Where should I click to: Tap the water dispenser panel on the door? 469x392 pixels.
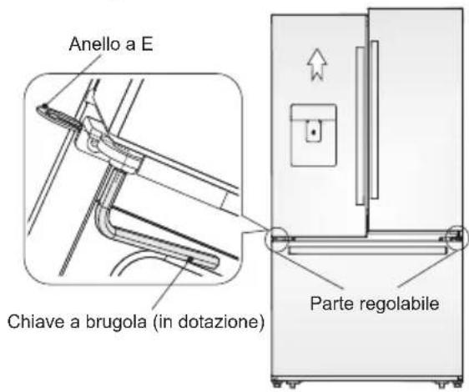click(312, 134)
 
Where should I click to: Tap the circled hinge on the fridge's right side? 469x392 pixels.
click(457, 239)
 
